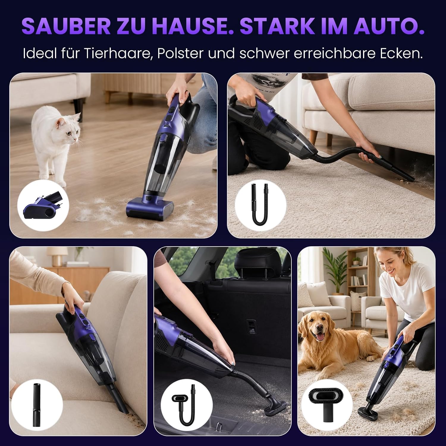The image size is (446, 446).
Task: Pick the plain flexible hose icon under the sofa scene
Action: pos(260,205)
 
